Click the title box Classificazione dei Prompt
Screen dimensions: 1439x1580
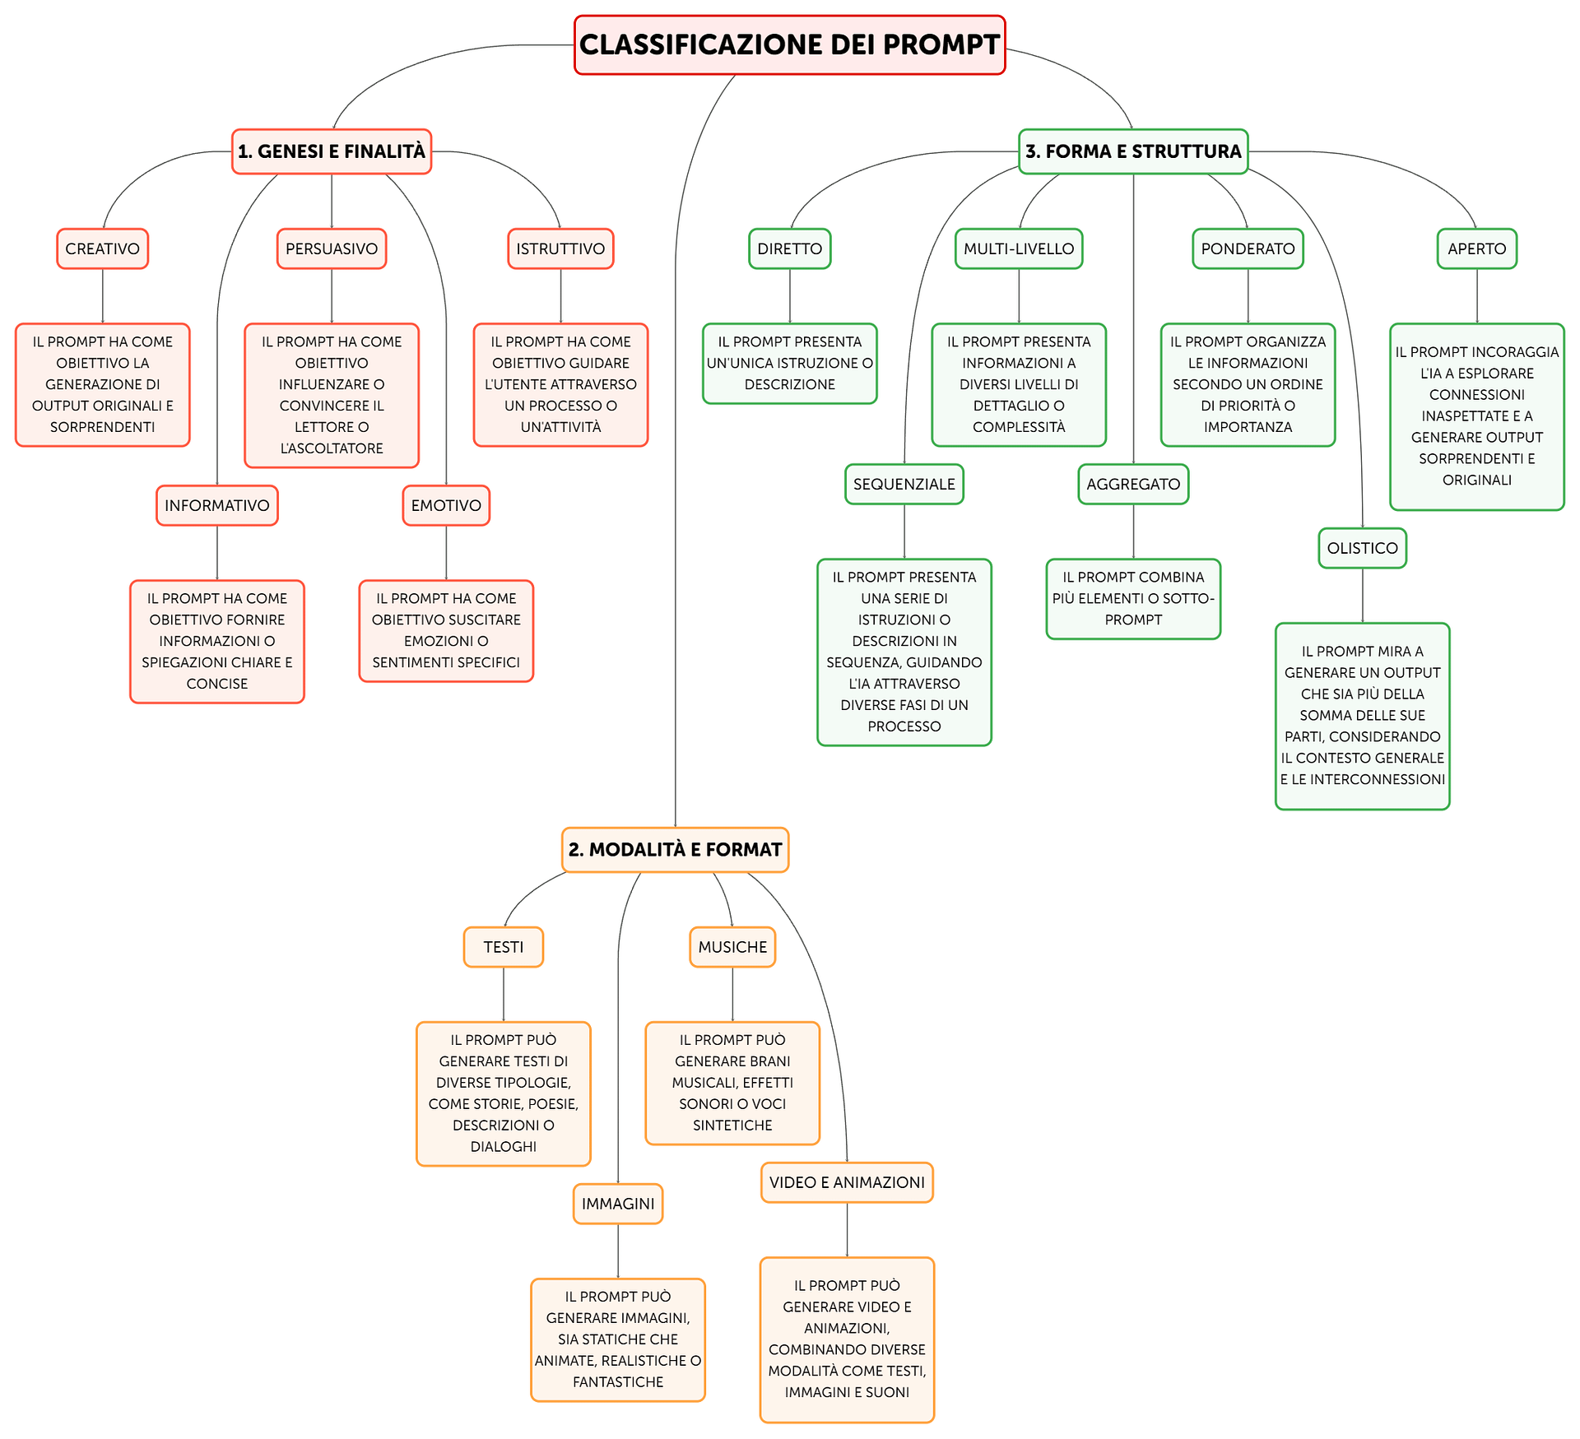tap(789, 44)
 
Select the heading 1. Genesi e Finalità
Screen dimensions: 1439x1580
tap(332, 151)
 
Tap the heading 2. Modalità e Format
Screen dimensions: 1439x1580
tap(675, 850)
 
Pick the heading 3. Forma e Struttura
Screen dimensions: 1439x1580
tap(1133, 151)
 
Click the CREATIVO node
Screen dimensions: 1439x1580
tap(103, 248)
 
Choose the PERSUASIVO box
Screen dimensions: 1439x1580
tap(332, 248)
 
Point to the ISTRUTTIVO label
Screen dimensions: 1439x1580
tap(560, 248)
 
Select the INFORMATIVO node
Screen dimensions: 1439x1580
tap(217, 505)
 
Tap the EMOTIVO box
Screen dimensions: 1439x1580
tap(446, 505)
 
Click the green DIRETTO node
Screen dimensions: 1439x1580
tap(790, 248)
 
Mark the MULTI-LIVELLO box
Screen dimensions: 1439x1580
tap(1019, 248)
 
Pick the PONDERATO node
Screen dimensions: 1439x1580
tap(1248, 248)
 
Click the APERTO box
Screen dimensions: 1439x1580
tap(1477, 248)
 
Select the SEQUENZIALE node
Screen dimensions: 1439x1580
tap(904, 484)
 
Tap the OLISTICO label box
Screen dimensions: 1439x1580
tap(1362, 548)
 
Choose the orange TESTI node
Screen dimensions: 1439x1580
tap(504, 947)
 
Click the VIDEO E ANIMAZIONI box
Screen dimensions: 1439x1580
tap(847, 1182)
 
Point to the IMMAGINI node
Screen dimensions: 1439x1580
tap(618, 1204)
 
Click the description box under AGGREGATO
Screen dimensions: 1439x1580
tap(1133, 599)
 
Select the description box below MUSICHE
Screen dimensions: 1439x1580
tap(732, 1083)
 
